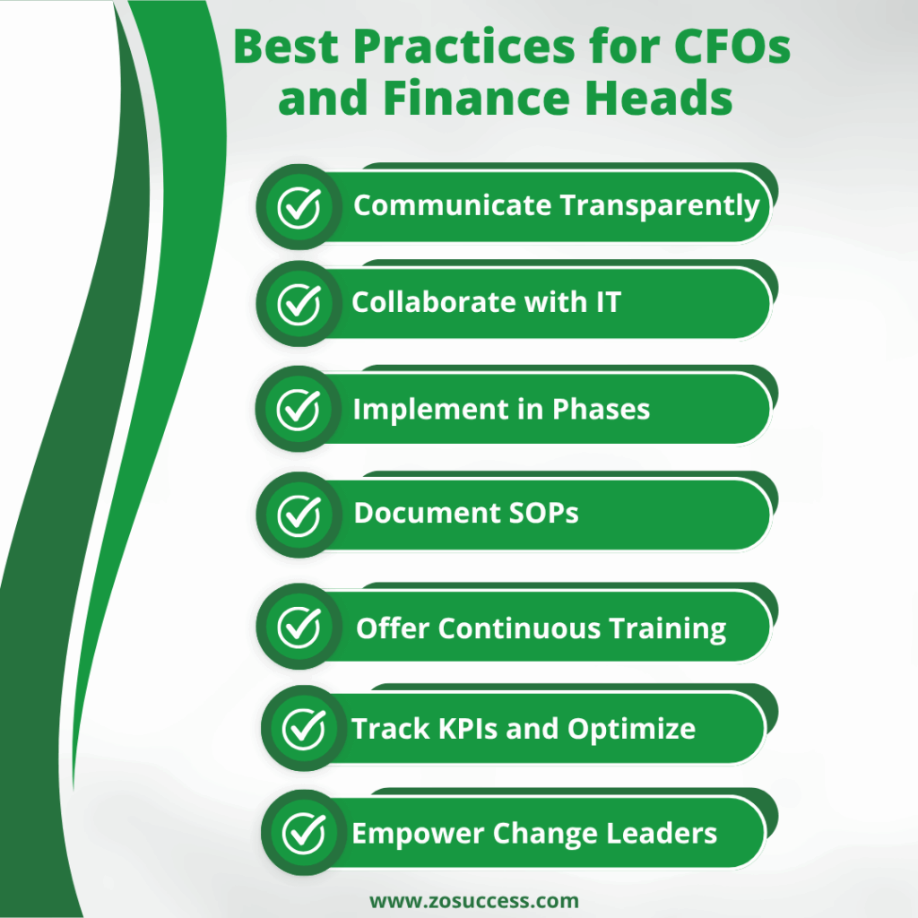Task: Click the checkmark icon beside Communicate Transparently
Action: tap(299, 207)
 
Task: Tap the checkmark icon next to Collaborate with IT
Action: tap(299, 304)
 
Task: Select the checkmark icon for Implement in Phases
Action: tap(299, 410)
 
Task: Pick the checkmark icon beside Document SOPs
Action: tap(299, 515)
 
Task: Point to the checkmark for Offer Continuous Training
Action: tap(299, 627)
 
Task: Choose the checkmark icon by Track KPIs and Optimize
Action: tap(304, 729)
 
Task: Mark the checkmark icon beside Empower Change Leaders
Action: tap(304, 834)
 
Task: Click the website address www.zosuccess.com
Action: tap(474, 900)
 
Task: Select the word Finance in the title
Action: tap(466, 99)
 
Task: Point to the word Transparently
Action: tap(660, 206)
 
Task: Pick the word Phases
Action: tap(601, 409)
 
